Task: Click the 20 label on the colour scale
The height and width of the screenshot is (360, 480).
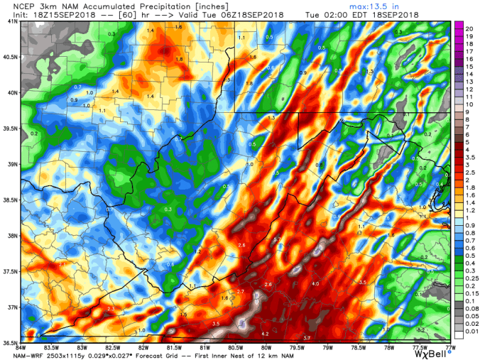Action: [469, 26]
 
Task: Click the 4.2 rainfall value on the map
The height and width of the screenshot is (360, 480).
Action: [264, 333]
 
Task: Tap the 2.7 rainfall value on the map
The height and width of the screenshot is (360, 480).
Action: [240, 292]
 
